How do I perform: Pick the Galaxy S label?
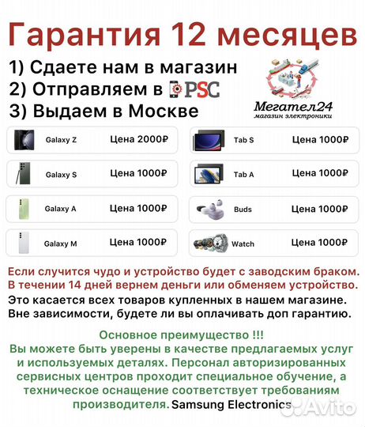(x=61, y=175)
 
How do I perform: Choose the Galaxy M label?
(x=61, y=244)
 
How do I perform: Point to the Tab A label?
(x=243, y=175)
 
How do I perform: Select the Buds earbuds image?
(x=209, y=209)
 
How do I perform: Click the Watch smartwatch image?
(x=209, y=243)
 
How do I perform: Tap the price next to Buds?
(x=321, y=209)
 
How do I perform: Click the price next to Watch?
(x=321, y=242)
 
